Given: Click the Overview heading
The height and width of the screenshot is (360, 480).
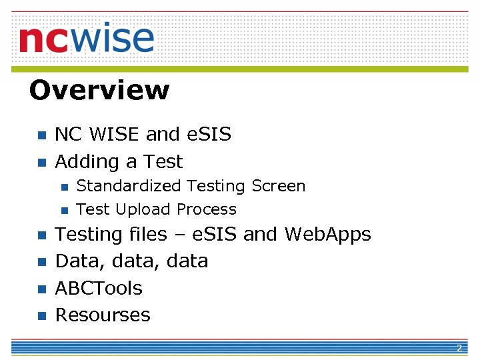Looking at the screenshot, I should tap(99, 90).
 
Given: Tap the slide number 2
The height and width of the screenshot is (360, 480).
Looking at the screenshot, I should tap(459, 349).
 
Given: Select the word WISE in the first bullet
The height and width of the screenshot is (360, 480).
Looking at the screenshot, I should tap(115, 135).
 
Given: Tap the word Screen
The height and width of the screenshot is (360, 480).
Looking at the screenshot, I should tap(279, 186).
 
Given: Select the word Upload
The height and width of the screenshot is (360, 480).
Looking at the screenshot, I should tap(139, 209).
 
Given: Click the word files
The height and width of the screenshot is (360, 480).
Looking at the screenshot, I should tap(150, 235).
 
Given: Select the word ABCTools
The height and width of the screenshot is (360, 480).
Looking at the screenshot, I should tap(99, 289).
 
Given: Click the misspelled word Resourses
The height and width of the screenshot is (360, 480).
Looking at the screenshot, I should tap(103, 315).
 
